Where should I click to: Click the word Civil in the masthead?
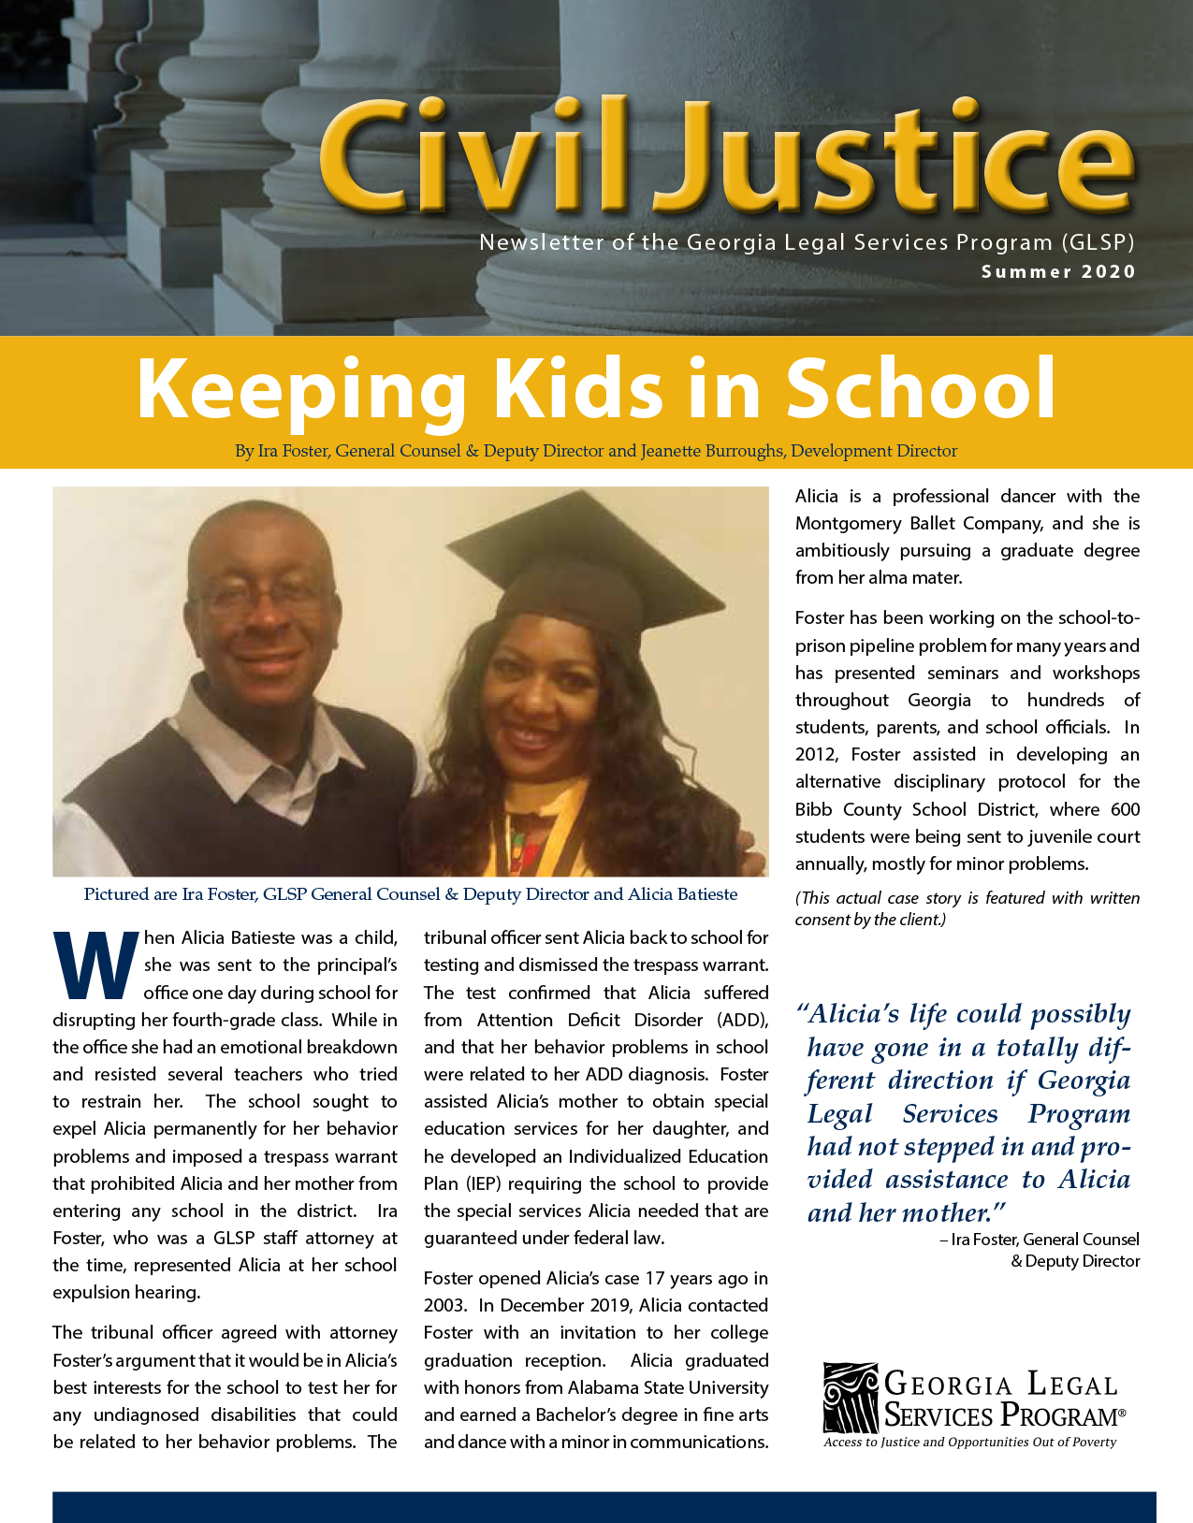(x=473, y=157)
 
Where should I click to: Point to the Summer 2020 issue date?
(x=1058, y=272)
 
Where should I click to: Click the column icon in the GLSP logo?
(x=851, y=1398)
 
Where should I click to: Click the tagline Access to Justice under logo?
(x=970, y=1442)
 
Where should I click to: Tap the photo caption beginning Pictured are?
(x=411, y=894)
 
